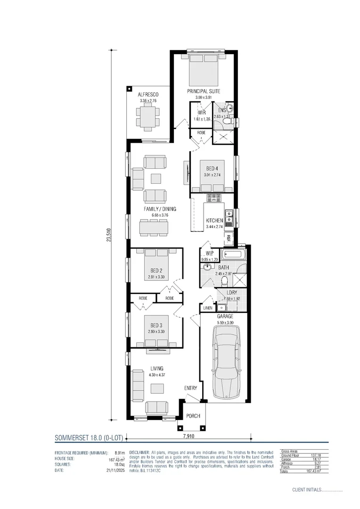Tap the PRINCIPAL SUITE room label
tap(204, 91)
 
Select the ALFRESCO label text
tap(148, 95)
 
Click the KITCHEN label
tap(214, 221)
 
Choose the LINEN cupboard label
tap(207, 308)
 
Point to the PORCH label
tap(193, 416)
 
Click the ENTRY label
tap(190, 388)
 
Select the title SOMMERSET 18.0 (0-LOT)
tap(89, 438)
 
